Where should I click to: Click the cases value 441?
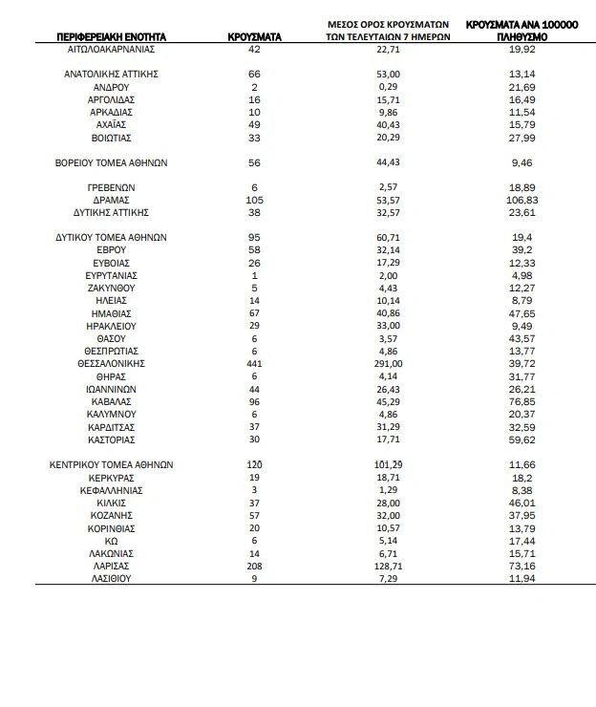click(254, 364)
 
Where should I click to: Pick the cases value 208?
click(254, 566)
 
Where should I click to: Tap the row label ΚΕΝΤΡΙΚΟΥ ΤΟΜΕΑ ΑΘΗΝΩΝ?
click(112, 464)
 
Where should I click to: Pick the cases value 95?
click(254, 237)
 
